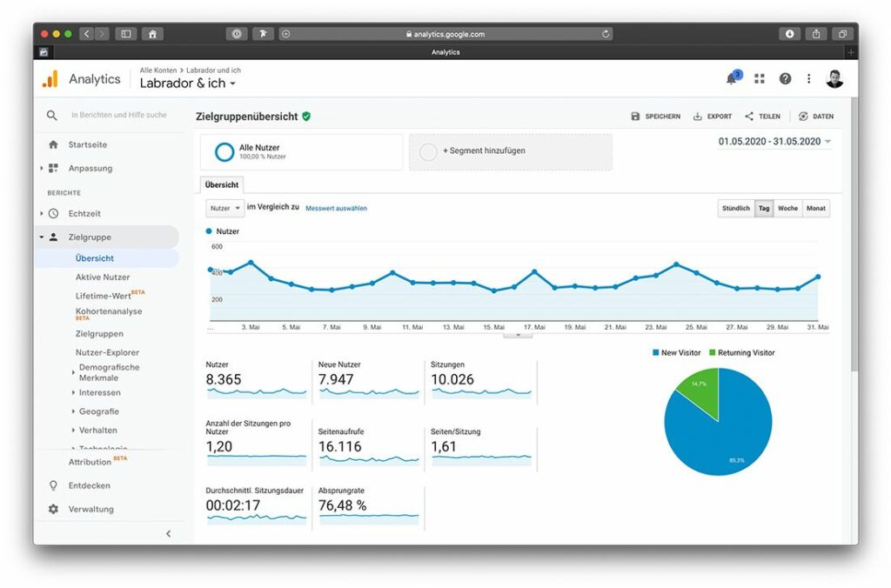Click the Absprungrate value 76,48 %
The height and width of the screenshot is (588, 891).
(343, 505)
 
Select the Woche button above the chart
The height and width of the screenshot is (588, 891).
(787, 209)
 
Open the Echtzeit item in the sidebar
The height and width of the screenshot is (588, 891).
(84, 213)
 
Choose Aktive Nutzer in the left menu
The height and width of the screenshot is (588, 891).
(103, 277)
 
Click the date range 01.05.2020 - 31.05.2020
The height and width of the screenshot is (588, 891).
(769, 141)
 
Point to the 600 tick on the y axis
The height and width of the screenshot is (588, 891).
(217, 247)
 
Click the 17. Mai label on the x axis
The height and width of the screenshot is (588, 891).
(533, 328)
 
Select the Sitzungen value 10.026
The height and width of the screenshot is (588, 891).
(452, 379)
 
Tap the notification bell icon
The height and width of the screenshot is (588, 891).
(731, 79)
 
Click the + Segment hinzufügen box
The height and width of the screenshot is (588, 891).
(510, 151)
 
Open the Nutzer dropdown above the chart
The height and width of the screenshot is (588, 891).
(224, 209)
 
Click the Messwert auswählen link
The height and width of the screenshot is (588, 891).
(336, 209)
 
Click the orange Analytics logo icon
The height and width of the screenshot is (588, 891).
(50, 79)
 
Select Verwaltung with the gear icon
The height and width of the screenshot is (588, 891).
(90, 509)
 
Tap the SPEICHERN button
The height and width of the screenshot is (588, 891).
(656, 117)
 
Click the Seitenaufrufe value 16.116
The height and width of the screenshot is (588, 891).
(342, 446)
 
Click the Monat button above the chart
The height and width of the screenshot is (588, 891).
(815, 209)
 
